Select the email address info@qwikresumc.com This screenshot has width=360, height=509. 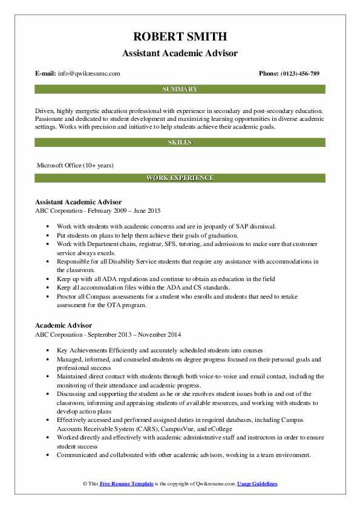(x=89, y=73)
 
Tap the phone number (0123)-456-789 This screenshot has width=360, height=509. (x=298, y=73)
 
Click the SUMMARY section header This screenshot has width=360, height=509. (x=180, y=89)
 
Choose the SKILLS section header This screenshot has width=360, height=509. (x=180, y=143)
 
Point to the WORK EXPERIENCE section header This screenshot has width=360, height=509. (x=180, y=178)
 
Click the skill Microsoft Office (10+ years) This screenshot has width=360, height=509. (x=75, y=164)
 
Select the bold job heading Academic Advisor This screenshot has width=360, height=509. (x=64, y=325)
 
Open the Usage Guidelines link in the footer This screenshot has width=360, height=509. (x=257, y=484)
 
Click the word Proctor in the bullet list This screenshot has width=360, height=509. (x=68, y=297)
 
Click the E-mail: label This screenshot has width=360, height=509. (x=46, y=73)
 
